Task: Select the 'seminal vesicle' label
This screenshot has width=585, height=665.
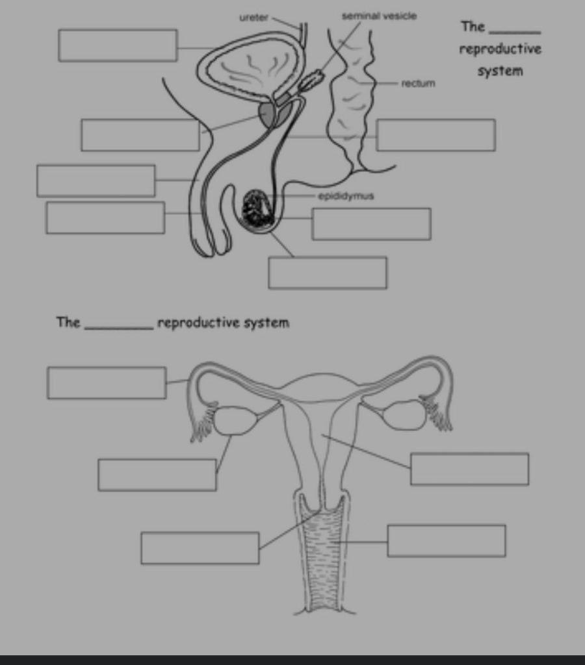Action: pyautogui.click(x=380, y=16)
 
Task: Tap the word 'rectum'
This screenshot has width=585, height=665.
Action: pyautogui.click(x=418, y=83)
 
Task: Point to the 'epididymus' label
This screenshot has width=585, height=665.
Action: pyautogui.click(x=346, y=195)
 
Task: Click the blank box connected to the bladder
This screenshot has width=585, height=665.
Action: pyautogui.click(x=118, y=45)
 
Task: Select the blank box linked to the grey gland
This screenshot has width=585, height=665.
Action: pyautogui.click(x=140, y=135)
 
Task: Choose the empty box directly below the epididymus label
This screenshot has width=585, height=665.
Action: pyautogui.click(x=371, y=224)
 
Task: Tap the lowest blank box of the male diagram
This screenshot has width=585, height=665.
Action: pyautogui.click(x=328, y=273)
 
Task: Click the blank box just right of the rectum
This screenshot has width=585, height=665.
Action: pyautogui.click(x=435, y=135)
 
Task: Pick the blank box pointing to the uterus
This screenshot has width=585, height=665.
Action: pyautogui.click(x=469, y=469)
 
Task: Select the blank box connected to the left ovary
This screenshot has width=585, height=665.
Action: pyautogui.click(x=157, y=475)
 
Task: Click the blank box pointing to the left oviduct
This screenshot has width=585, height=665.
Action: pyautogui.click(x=107, y=383)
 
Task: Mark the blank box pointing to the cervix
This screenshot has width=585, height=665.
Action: pyautogui.click(x=200, y=548)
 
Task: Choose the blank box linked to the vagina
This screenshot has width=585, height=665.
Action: pyautogui.click(x=447, y=541)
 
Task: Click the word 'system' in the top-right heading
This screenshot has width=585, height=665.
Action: pyautogui.click(x=500, y=71)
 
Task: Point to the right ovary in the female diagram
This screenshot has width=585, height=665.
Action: pyautogui.click(x=404, y=415)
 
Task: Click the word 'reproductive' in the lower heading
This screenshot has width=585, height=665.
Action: pyautogui.click(x=199, y=323)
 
